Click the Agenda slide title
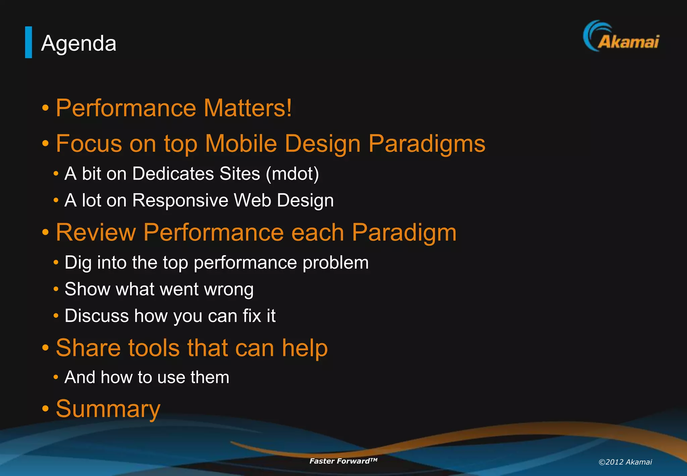(78, 44)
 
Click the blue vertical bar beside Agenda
(29, 42)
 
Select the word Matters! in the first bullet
(248, 108)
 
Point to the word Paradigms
(427, 144)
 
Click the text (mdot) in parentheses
(292, 174)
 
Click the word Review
(96, 232)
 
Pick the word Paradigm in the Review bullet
(404, 232)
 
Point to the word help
(305, 348)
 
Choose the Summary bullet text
(108, 409)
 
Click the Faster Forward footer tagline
(343, 461)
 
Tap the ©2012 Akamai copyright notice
(625, 462)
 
